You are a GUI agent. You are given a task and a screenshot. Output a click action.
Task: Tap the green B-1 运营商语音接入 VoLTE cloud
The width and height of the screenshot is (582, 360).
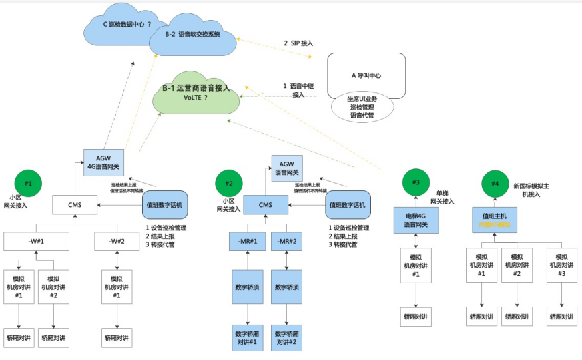tap(196, 93)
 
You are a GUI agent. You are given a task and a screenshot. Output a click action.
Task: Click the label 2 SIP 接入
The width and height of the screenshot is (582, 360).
tap(298, 43)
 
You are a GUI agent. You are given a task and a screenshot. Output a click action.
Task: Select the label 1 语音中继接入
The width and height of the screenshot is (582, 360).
tap(294, 90)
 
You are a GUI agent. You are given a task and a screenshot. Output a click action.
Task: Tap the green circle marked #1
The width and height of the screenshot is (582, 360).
tap(28, 181)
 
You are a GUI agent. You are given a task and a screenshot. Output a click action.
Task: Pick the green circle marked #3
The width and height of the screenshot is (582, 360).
tap(416, 181)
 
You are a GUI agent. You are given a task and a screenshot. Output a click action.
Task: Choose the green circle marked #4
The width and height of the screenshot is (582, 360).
tap(495, 182)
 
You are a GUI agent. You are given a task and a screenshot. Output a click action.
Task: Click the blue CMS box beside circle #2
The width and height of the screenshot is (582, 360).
tap(265, 205)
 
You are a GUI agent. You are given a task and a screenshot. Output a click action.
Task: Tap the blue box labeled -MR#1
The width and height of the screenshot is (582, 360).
tap(248, 241)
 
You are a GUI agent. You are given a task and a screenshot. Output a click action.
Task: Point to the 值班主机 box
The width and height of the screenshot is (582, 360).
tap(495, 220)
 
